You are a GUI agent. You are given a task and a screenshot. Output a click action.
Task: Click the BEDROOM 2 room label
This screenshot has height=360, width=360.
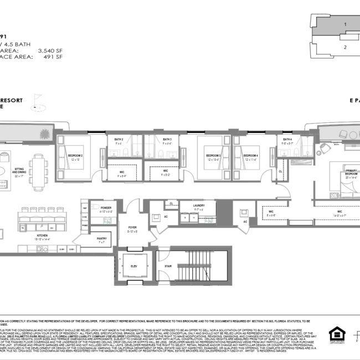click(75, 156)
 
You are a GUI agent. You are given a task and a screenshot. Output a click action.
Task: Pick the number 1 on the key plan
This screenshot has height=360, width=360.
click(345, 24)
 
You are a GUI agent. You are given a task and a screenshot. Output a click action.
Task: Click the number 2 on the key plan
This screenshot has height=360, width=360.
click(345, 47)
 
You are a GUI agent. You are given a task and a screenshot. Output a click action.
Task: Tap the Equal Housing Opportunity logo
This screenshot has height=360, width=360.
click(336, 335)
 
